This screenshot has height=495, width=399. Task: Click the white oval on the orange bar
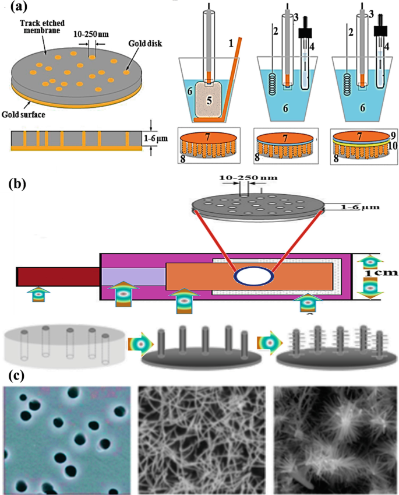(x=252, y=276)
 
